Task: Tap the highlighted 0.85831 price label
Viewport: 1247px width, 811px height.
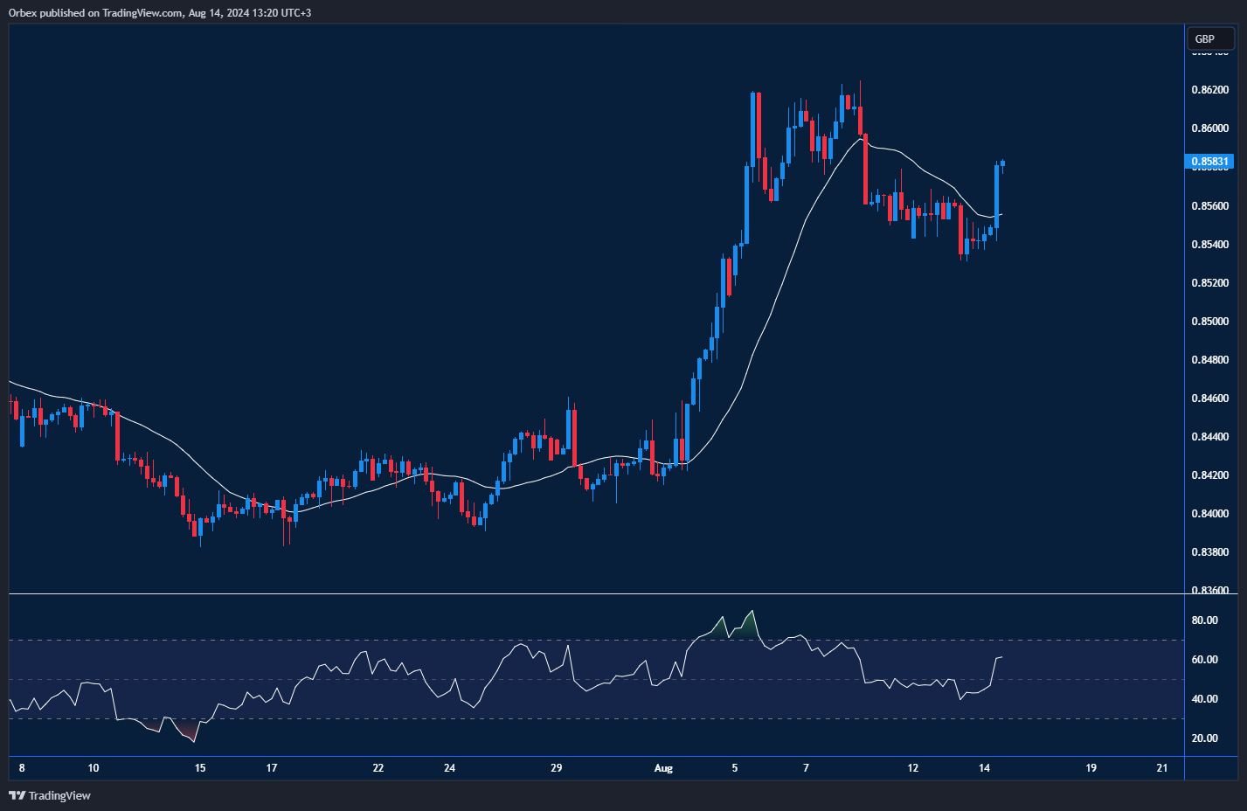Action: click(1210, 162)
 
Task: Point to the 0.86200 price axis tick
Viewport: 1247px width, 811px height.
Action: click(1210, 90)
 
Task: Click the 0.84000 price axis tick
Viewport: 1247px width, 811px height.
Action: click(1210, 514)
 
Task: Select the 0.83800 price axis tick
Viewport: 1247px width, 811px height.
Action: click(1210, 552)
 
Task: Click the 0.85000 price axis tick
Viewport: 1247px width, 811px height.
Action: click(1210, 322)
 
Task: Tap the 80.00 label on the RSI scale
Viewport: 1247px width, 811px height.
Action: click(1205, 620)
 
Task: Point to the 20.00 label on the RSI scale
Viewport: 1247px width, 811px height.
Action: click(1205, 738)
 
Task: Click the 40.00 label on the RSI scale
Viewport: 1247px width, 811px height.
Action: click(1205, 699)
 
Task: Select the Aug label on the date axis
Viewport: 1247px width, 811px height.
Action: click(663, 768)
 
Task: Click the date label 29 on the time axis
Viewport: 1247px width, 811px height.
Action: click(557, 768)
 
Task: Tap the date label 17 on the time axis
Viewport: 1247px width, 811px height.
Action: click(272, 768)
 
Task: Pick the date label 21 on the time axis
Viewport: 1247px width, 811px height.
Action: click(1162, 768)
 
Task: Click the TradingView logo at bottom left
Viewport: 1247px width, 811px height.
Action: click(50, 795)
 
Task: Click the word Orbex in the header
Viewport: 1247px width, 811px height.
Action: click(24, 13)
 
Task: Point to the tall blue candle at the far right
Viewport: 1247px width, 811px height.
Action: click(996, 197)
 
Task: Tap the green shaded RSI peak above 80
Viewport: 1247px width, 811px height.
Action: click(750, 623)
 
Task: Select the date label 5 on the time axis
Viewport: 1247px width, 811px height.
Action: click(735, 768)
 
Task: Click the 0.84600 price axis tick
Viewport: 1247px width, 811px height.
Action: click(1210, 399)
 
